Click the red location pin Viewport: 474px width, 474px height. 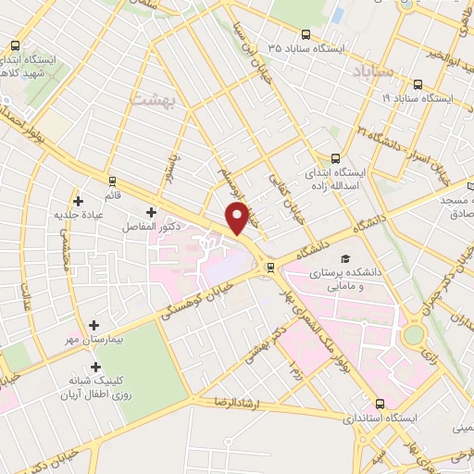click(238, 218)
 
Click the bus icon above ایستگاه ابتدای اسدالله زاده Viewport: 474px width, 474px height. click(336, 158)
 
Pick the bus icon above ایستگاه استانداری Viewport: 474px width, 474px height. click(380, 404)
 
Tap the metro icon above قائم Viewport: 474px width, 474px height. click(112, 181)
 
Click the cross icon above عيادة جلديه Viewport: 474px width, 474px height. click(78, 201)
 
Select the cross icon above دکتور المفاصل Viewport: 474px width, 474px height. click(151, 212)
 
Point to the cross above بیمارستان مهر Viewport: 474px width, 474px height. click(94, 325)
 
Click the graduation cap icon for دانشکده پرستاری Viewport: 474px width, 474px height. click(345, 259)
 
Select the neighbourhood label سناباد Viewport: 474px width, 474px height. click(373, 70)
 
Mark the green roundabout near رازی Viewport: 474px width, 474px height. click(414, 332)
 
